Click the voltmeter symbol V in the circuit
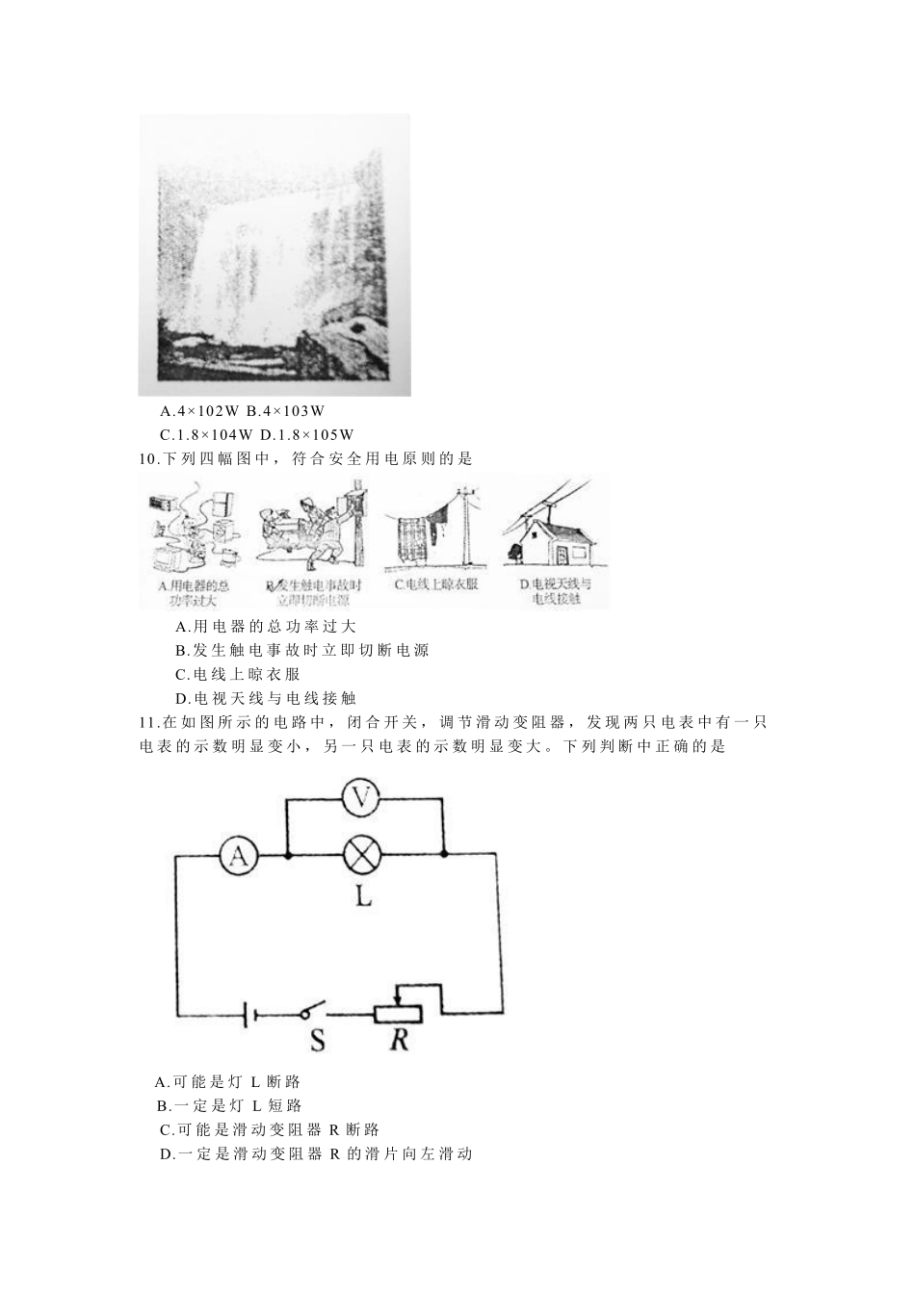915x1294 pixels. (x=362, y=797)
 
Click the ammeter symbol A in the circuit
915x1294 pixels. (x=240, y=854)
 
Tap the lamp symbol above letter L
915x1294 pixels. (x=363, y=854)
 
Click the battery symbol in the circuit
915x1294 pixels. (x=248, y=1013)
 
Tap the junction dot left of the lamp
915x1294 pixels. (x=289, y=854)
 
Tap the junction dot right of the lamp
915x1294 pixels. (x=443, y=854)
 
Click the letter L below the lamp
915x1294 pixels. (x=363, y=897)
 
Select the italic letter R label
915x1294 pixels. (x=399, y=1041)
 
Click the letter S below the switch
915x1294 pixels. (x=316, y=1042)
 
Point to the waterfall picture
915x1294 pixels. (x=274, y=255)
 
